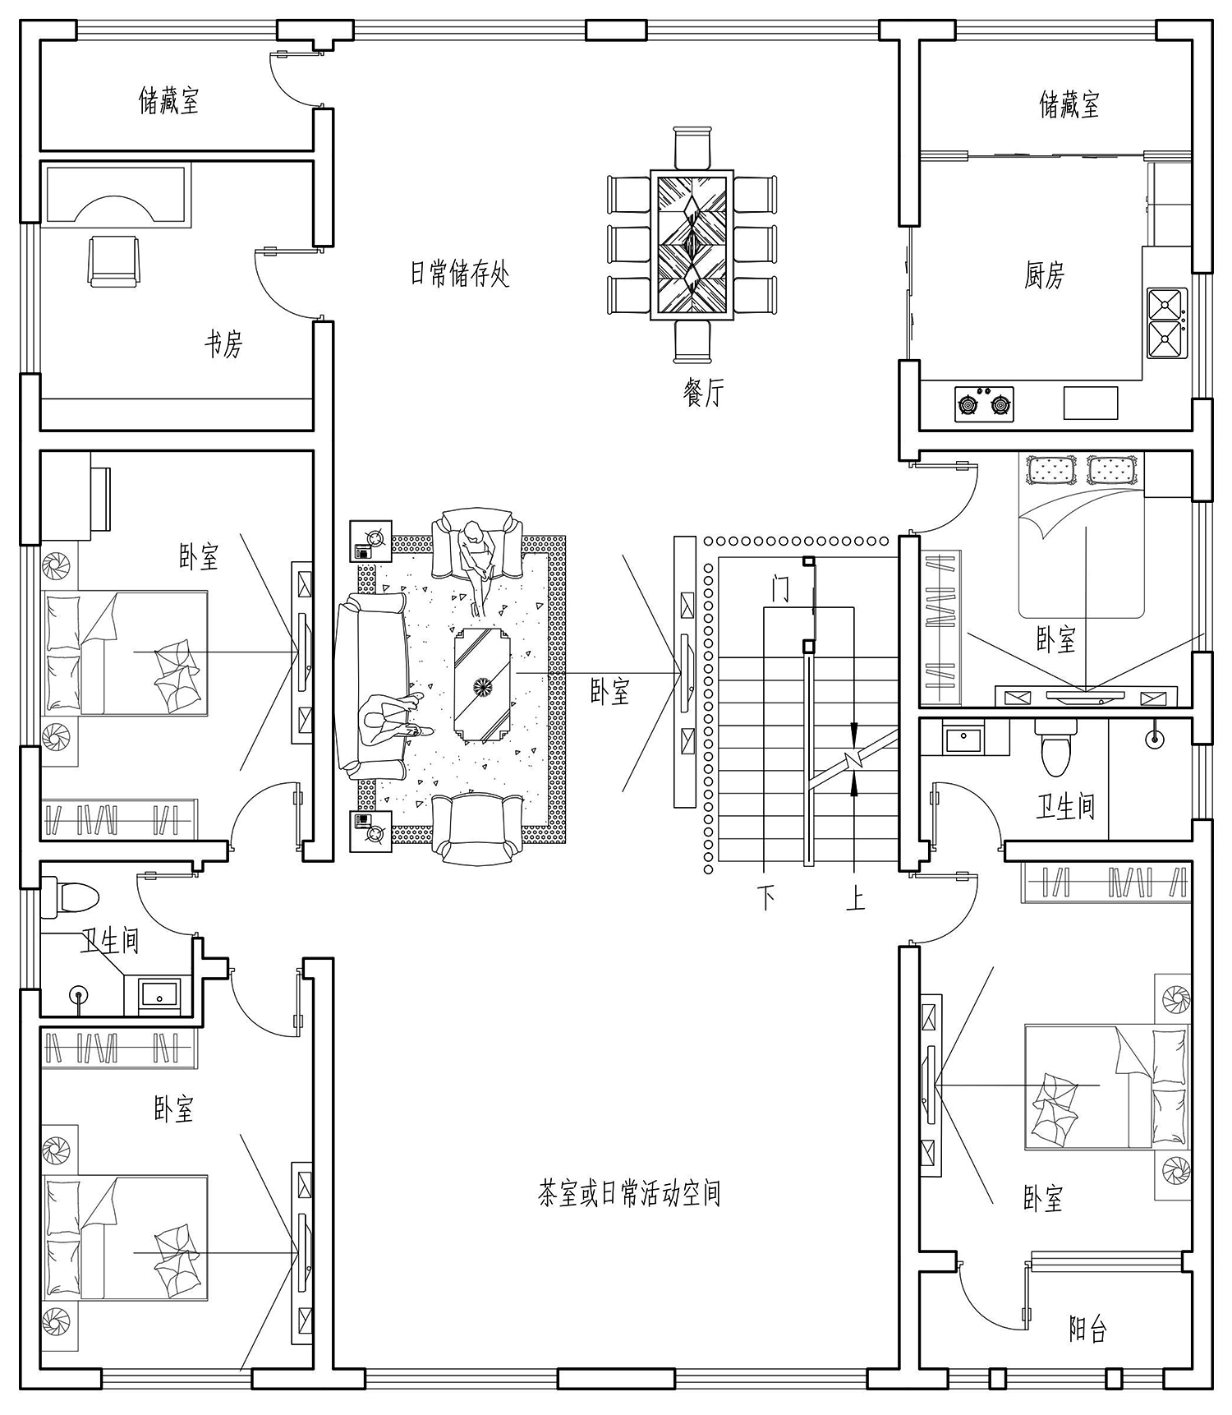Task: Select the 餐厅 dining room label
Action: click(x=704, y=393)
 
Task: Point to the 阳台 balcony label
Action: click(x=1088, y=1328)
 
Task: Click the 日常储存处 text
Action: click(x=460, y=273)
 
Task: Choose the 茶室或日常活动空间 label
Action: click(x=629, y=1192)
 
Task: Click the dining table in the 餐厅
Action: click(x=692, y=244)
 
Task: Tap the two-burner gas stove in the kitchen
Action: click(x=984, y=403)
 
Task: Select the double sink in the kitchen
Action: click(x=1167, y=322)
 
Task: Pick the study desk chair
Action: click(x=113, y=260)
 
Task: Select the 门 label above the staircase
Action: click(x=780, y=588)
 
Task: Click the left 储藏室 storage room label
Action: click(x=168, y=101)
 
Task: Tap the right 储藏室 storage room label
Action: click(x=1069, y=104)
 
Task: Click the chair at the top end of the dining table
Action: click(x=692, y=148)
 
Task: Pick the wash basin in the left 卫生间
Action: click(x=160, y=993)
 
